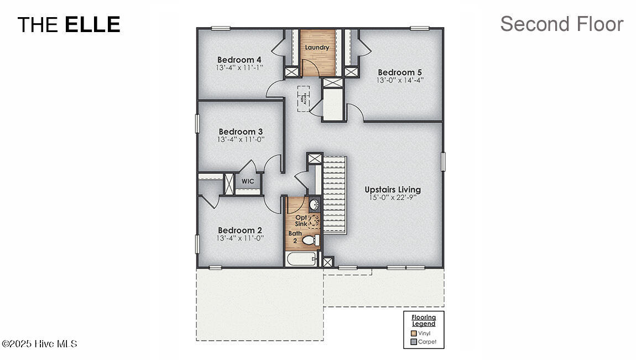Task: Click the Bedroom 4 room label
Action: (239, 60)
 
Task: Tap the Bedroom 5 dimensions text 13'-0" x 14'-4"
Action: (396, 80)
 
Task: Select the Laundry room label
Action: (317, 48)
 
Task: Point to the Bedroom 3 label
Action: (241, 132)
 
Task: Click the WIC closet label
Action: (247, 181)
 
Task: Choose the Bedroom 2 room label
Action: (240, 230)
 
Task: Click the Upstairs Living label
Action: (392, 189)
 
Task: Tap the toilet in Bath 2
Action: (311, 240)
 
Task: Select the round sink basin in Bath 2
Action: (314, 205)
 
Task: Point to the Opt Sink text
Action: (301, 220)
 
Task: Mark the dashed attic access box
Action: (304, 99)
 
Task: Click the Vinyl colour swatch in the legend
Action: (414, 333)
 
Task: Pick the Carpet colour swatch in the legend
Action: (414, 342)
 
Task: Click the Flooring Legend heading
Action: (424, 320)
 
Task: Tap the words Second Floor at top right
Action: (561, 24)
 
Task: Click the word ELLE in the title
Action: (92, 24)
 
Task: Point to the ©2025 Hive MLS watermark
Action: (39, 344)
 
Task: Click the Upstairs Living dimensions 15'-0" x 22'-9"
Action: (392, 197)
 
